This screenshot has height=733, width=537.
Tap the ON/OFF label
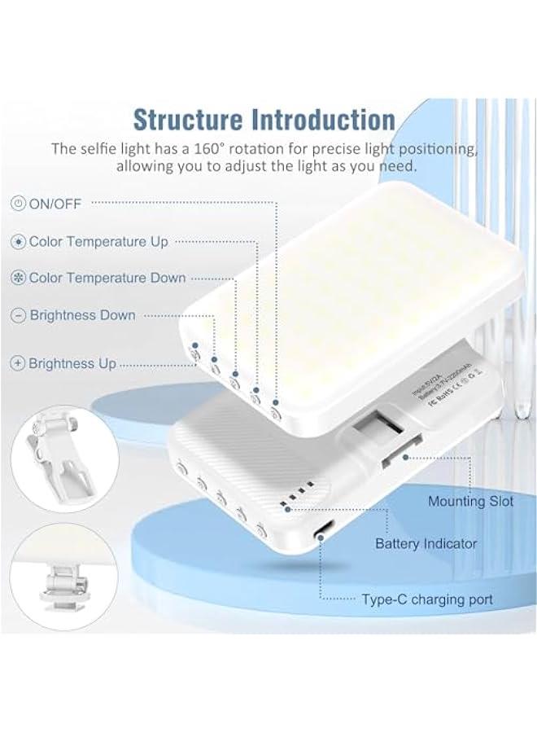55,204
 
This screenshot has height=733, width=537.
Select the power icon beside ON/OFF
18,204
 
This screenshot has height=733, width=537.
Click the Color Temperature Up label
98,242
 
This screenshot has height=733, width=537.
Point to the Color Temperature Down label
107,278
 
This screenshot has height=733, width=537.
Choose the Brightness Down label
83,315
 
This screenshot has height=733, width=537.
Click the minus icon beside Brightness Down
18,315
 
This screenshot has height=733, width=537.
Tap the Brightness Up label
72,364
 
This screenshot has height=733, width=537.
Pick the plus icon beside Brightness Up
18,364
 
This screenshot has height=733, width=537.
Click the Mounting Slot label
470,502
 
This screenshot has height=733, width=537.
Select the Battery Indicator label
426,543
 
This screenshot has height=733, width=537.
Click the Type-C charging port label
427,600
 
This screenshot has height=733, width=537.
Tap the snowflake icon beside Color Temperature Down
18,278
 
